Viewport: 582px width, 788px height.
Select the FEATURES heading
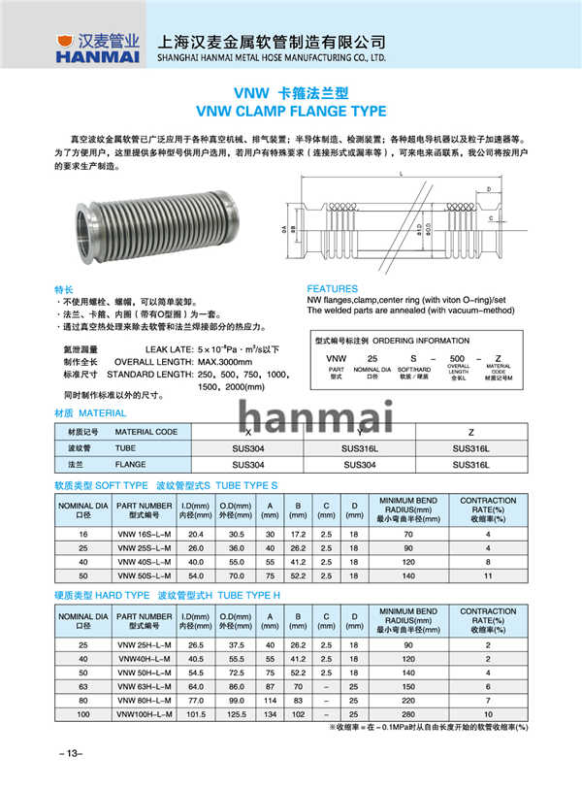[x=333, y=289]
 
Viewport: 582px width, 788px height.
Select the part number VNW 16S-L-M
[x=143, y=534]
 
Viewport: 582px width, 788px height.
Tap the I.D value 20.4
[x=195, y=534]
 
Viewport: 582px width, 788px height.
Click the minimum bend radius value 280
[x=407, y=714]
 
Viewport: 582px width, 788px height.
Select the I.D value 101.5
[x=195, y=714]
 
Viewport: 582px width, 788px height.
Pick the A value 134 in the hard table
[x=270, y=714]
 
